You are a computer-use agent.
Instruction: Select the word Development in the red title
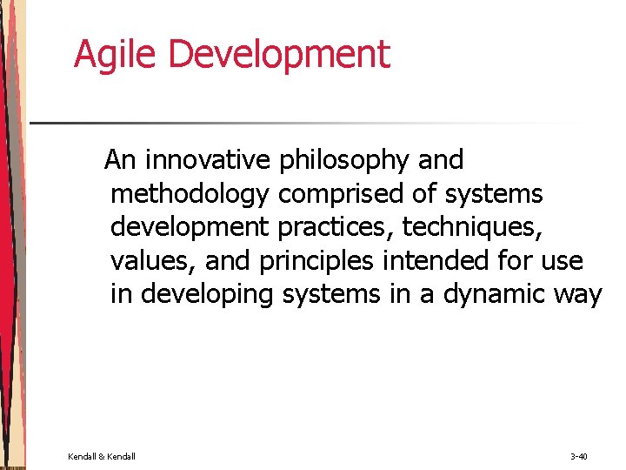pos(279,54)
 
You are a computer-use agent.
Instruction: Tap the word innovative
pos(209,160)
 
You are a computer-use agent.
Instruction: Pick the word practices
pos(335,228)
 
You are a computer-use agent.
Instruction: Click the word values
pos(151,261)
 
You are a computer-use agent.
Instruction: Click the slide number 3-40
pos(578,456)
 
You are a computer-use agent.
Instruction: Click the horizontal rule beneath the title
pos(304,123)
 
